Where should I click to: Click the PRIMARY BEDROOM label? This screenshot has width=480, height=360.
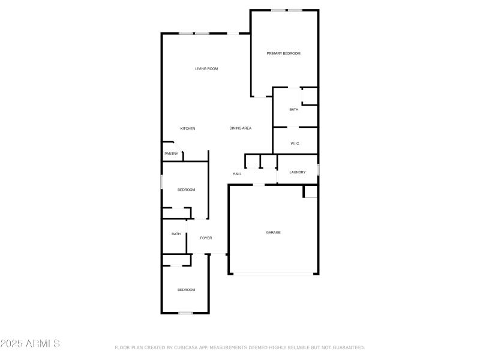pyautogui.click(x=283, y=53)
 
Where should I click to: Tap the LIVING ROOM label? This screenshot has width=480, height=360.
pyautogui.click(x=206, y=69)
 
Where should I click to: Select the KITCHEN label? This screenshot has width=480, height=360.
pyautogui.click(x=188, y=128)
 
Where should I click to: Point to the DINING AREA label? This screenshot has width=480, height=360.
pyautogui.click(x=240, y=128)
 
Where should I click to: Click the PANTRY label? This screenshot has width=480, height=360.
pyautogui.click(x=171, y=154)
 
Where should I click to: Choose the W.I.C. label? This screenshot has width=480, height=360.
pyautogui.click(x=295, y=143)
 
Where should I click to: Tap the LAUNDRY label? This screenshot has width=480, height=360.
pyautogui.click(x=298, y=172)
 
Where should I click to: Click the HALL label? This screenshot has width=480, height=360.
pyautogui.click(x=237, y=174)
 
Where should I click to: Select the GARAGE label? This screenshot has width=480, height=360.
pyautogui.click(x=273, y=232)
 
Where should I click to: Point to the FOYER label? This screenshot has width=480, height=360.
pyautogui.click(x=206, y=238)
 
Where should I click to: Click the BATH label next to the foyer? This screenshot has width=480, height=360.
pyautogui.click(x=176, y=234)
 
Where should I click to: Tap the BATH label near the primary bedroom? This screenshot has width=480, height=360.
pyautogui.click(x=293, y=109)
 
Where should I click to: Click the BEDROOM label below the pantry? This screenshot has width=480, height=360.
pyautogui.click(x=186, y=190)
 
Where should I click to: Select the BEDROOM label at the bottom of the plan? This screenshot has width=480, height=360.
pyautogui.click(x=186, y=290)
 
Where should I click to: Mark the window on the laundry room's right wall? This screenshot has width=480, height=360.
pyautogui.click(x=317, y=170)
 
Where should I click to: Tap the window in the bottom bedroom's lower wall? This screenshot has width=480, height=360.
pyautogui.click(x=185, y=313)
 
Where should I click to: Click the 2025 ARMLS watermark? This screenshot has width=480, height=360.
pyautogui.click(x=30, y=344)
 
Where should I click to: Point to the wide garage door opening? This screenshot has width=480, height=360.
pyautogui.click(x=273, y=274)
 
